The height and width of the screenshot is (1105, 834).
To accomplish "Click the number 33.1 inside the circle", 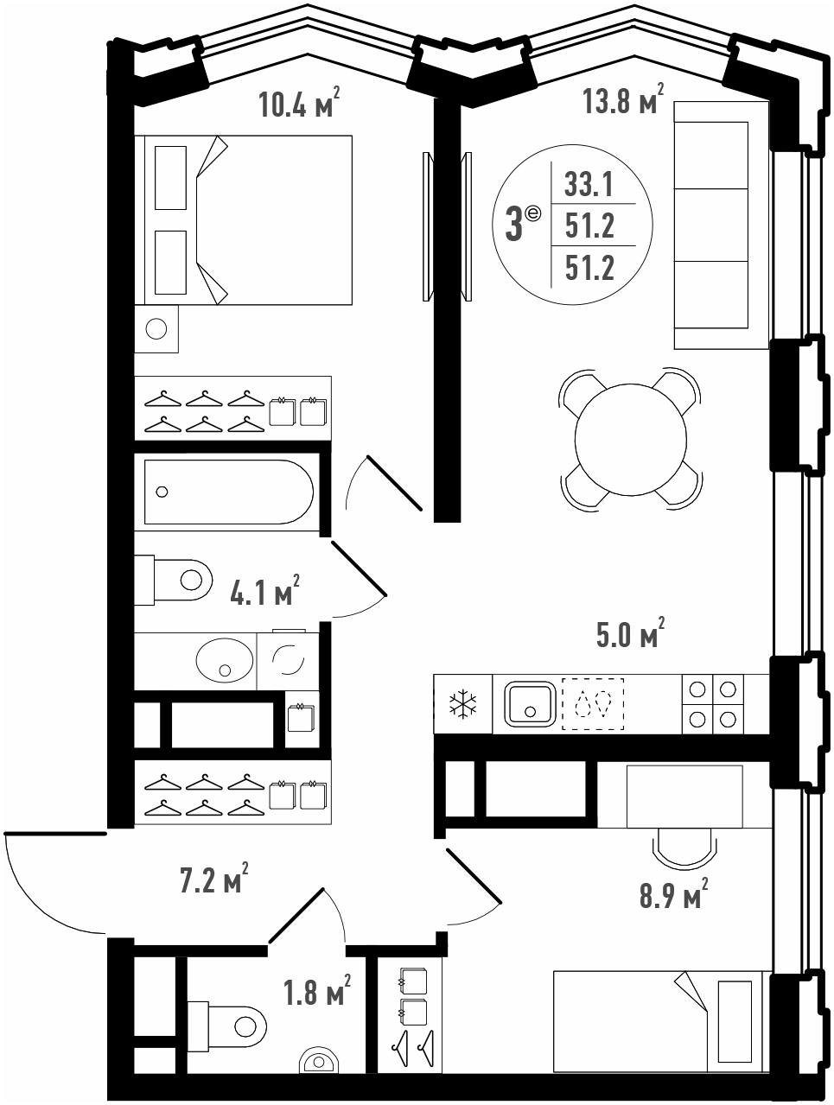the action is click(589, 184).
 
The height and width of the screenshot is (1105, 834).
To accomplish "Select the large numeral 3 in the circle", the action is click(514, 226).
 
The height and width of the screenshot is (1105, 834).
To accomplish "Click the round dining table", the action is click(631, 439).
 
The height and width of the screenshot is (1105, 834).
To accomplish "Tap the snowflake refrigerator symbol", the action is click(462, 703).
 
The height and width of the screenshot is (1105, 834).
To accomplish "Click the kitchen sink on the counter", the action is click(530, 704).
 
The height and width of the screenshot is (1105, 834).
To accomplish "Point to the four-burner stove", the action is click(713, 704).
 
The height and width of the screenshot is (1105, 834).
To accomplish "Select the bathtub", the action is click(229, 492).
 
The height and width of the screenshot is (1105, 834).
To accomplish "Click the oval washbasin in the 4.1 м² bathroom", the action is click(225, 660).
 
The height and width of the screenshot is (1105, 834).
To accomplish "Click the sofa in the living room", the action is click(721, 225).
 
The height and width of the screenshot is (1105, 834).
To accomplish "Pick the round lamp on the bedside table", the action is click(156, 329).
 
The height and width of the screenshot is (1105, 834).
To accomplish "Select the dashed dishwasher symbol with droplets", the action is click(593, 704).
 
